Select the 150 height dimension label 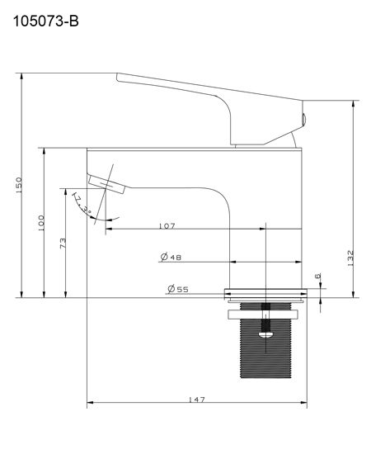(x=18, y=187)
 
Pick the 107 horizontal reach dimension (x=167, y=225)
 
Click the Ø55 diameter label (x=176, y=289)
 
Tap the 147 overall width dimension (x=196, y=400)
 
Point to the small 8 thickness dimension (x=318, y=277)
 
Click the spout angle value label (x=82, y=203)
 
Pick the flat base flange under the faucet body (x=265, y=293)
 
